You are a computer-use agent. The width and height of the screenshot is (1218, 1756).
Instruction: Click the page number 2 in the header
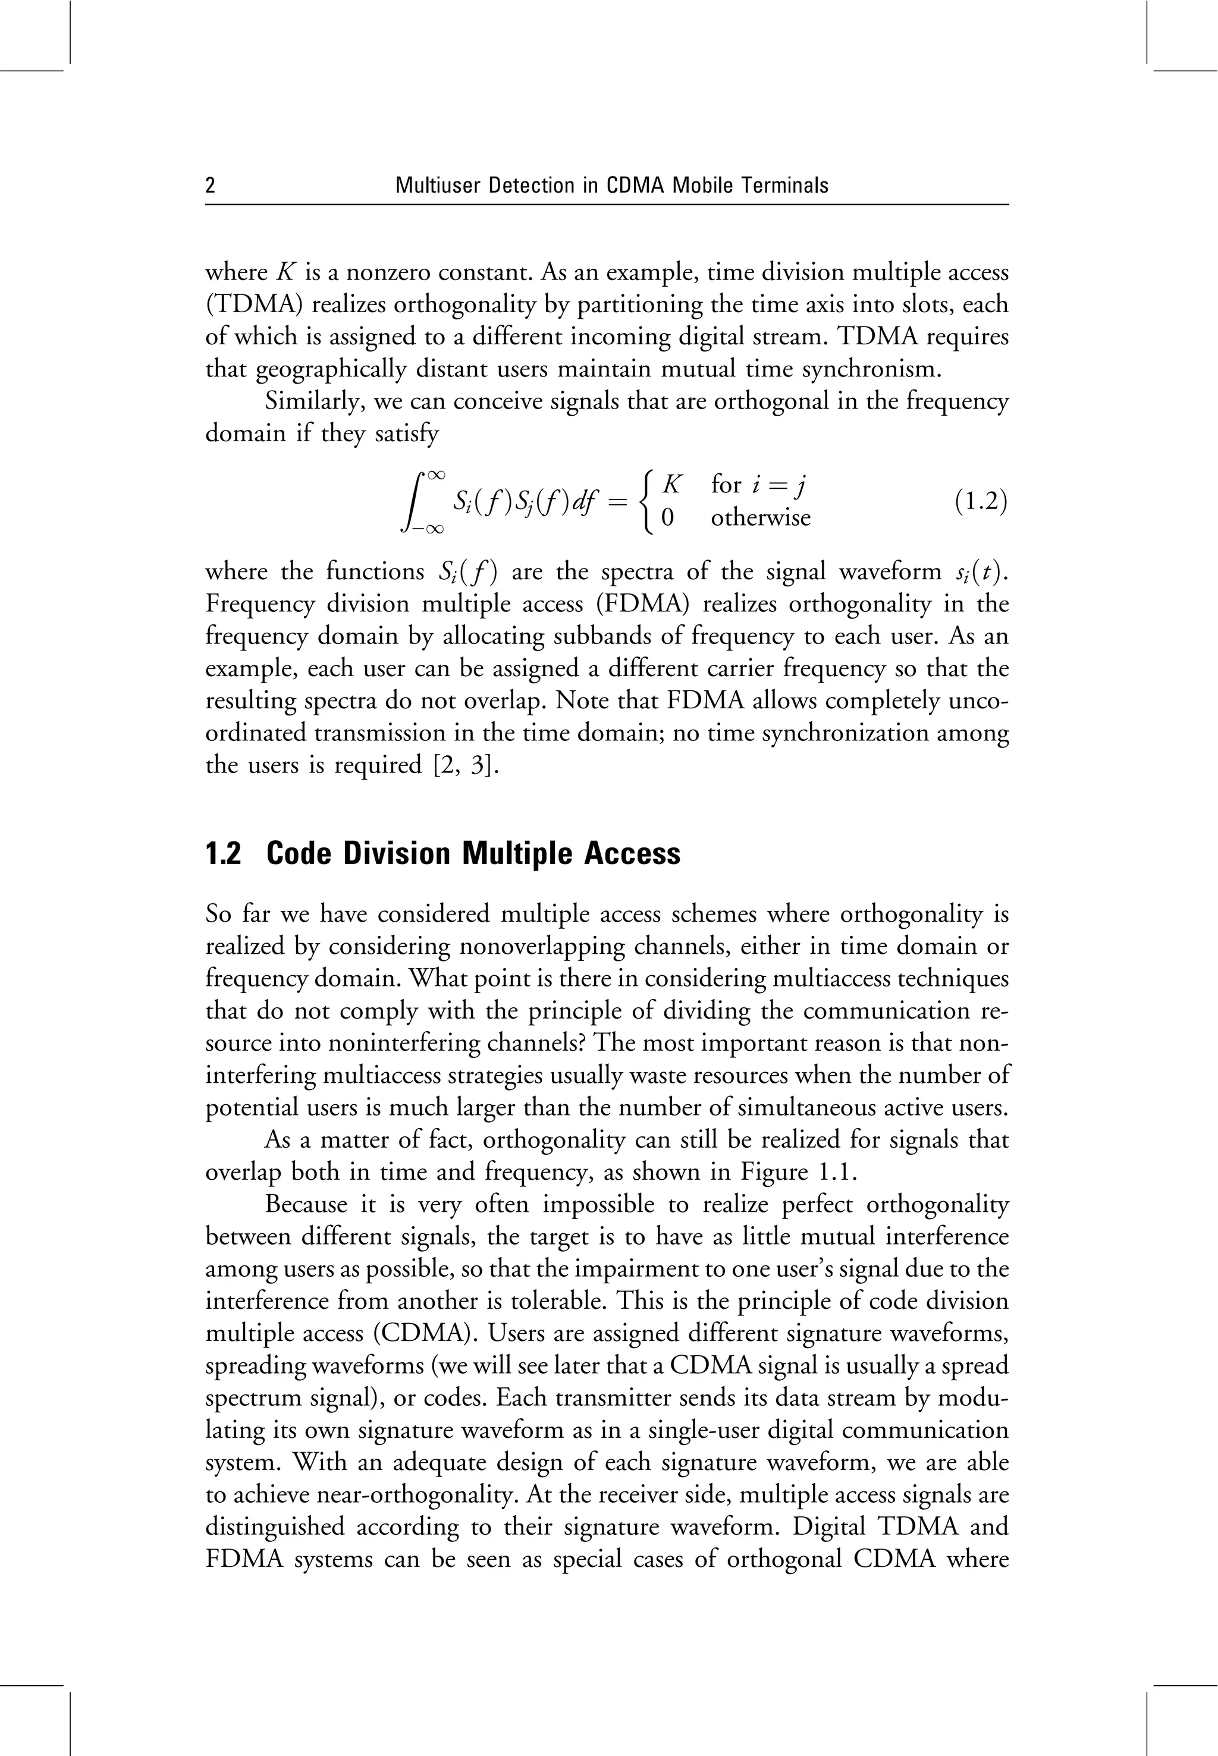(x=211, y=186)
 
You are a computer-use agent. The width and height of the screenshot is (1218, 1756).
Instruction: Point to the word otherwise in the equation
(x=760, y=518)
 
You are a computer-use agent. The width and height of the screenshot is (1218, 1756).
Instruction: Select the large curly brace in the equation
(x=649, y=501)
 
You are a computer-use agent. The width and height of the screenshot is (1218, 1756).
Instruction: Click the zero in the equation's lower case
(x=667, y=518)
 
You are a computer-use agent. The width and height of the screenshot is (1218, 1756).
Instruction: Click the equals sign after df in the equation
(x=617, y=502)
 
